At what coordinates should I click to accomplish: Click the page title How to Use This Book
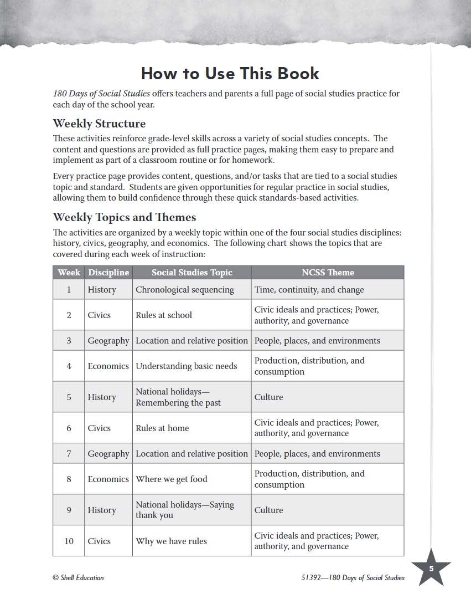click(x=230, y=74)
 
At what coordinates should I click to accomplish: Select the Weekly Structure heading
click(x=99, y=123)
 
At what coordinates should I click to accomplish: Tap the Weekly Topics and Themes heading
click(x=125, y=217)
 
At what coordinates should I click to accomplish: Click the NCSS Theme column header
click(x=328, y=273)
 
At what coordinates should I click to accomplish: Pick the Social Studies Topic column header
click(x=192, y=273)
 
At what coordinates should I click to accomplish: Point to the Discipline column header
click(x=108, y=273)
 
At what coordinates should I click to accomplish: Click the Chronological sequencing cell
click(x=185, y=289)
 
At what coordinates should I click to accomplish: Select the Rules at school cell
click(x=164, y=315)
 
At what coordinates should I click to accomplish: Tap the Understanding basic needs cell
click(x=187, y=366)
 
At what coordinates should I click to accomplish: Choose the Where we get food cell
click(x=172, y=479)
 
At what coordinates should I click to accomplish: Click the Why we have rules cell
click(x=172, y=541)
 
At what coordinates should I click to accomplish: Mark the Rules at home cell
click(x=163, y=428)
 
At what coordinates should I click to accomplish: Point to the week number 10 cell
click(x=69, y=541)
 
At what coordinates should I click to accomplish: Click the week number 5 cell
click(x=69, y=397)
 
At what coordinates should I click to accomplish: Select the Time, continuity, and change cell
click(x=309, y=289)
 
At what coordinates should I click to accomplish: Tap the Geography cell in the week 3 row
click(x=108, y=340)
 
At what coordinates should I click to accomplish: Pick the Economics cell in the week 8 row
click(x=108, y=479)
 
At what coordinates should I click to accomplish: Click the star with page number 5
click(x=431, y=568)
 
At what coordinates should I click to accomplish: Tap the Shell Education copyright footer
click(x=78, y=577)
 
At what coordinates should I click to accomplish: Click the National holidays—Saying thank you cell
click(x=185, y=510)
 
